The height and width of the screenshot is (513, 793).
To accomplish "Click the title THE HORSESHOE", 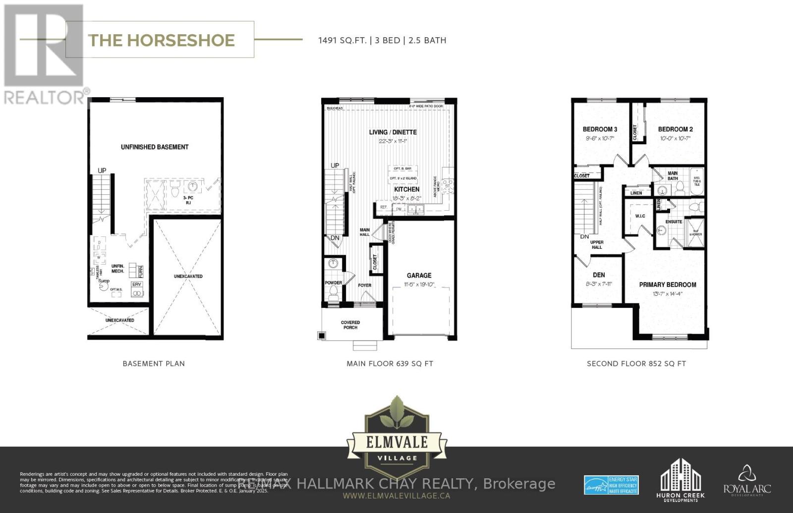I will coord(161,40).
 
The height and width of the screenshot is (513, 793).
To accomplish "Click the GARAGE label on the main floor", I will coord(419,276).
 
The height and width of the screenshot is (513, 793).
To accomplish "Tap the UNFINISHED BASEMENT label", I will coord(155,147).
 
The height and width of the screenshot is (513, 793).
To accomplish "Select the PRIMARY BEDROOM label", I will coord(667,285).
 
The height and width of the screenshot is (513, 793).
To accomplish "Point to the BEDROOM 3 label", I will coord(600,129).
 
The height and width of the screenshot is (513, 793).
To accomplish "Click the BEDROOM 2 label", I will coord(675,129).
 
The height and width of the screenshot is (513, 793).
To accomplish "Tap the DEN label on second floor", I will coord(599,275).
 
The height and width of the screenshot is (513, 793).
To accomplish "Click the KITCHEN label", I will coord(406,189).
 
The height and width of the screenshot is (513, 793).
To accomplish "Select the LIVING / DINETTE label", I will coord(393,132).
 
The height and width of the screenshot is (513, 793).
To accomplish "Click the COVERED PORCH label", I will coord(350,325).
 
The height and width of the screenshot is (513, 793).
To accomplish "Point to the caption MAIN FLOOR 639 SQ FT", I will coord(390,364).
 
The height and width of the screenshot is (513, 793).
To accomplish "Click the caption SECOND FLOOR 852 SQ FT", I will coord(636,364).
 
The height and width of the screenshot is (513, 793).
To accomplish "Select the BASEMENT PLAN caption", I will coord(154,364).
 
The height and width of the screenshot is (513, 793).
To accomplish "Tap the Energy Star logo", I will coord(611,485).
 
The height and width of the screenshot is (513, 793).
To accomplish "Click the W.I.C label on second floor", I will coord(640,216).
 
